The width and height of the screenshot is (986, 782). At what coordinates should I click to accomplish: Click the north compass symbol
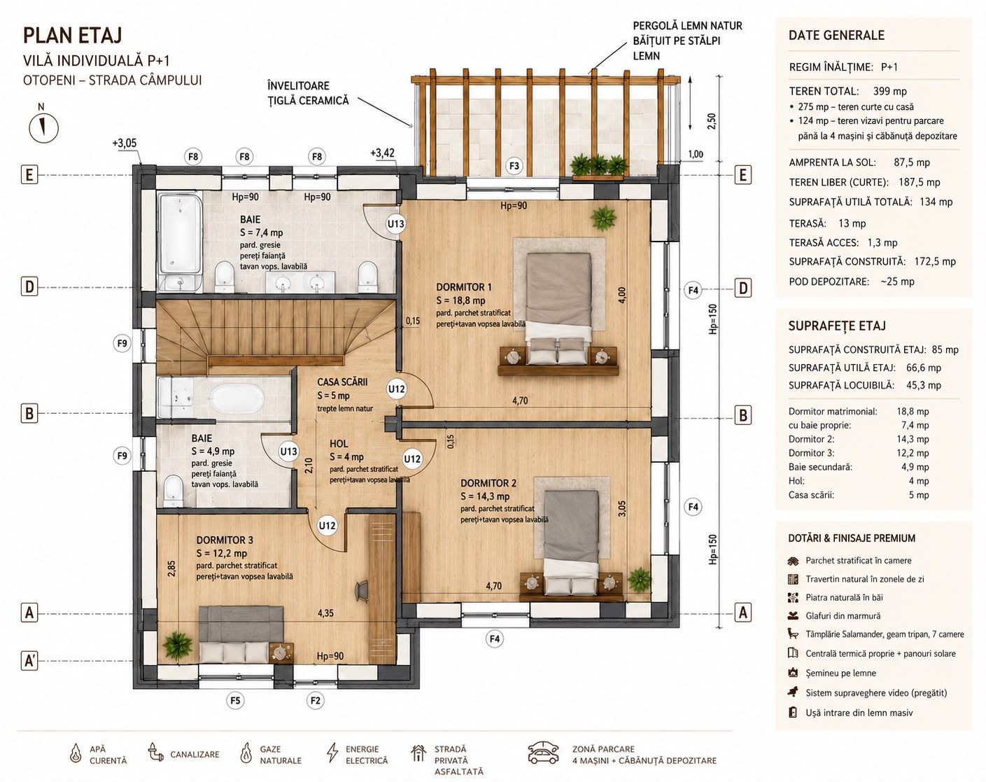coord(43,128)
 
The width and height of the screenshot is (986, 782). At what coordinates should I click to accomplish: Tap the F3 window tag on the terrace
coord(514,165)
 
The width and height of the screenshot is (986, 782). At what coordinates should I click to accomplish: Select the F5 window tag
coord(235,700)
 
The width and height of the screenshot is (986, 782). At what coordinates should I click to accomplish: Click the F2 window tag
coord(315,700)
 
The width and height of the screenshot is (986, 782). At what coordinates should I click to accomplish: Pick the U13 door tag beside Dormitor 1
coord(396,224)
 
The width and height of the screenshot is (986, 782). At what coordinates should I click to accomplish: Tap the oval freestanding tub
coord(237,398)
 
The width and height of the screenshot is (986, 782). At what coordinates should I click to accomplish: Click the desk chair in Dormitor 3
coord(362,589)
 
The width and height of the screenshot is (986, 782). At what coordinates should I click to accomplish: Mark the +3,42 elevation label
coord(382,153)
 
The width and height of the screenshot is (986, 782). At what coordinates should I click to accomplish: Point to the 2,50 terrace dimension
coord(711,120)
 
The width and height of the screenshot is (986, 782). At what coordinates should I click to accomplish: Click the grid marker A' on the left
coord(29,661)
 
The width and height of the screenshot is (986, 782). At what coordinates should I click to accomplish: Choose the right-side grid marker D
coord(743,288)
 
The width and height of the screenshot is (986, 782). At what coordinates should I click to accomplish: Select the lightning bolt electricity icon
coord(332,752)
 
